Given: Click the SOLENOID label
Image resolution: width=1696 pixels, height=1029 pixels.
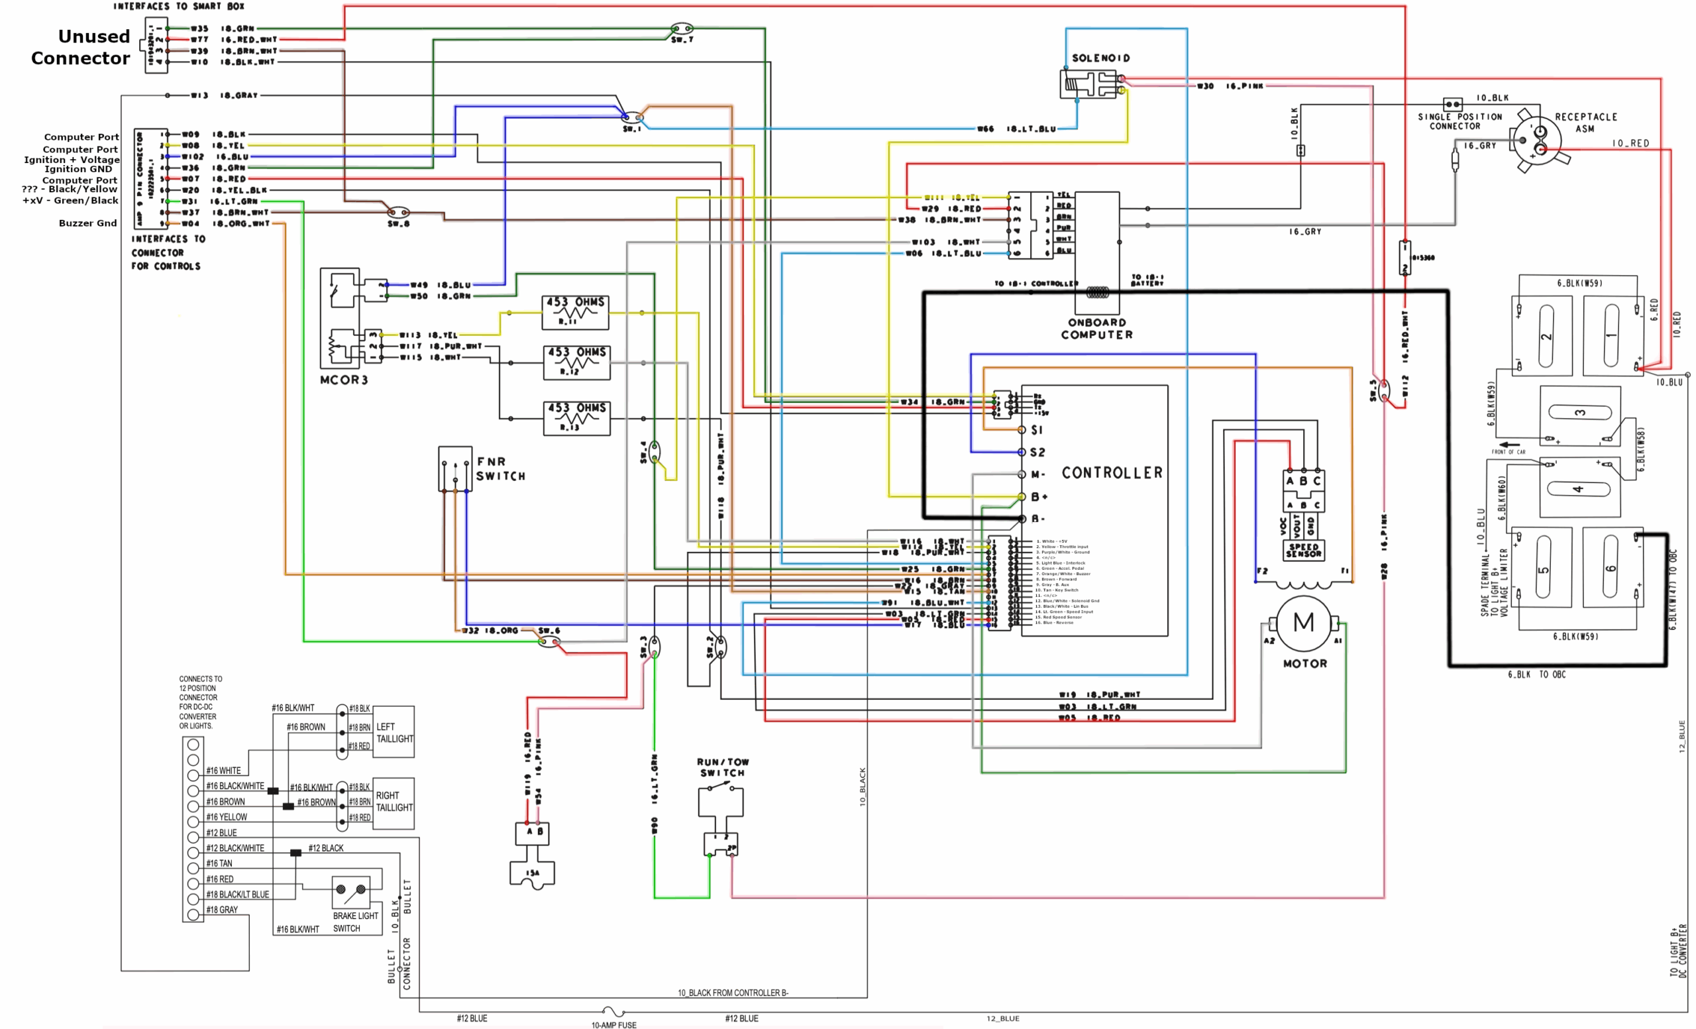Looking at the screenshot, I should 1100,58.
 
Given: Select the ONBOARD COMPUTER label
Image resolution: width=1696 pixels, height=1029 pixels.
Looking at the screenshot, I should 1096,329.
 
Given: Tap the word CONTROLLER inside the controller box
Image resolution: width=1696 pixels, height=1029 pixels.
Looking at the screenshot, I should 1112,473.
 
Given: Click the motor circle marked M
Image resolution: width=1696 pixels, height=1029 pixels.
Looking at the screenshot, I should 1303,623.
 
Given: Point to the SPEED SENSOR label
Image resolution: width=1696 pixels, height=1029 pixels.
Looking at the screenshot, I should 1303,551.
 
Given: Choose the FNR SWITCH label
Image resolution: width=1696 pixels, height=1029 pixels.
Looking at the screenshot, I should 500,468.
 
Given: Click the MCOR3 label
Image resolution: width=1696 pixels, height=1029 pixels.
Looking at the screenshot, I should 343,380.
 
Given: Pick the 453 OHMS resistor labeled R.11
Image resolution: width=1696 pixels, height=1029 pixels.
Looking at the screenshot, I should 576,312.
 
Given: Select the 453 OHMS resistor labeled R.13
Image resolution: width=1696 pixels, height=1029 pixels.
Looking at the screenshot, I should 577,418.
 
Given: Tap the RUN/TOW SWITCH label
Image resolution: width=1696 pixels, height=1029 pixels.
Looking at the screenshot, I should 723,767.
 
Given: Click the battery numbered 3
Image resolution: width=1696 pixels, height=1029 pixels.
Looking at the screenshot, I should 1579,413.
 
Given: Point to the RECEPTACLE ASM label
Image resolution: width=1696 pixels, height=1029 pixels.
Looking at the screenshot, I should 1586,123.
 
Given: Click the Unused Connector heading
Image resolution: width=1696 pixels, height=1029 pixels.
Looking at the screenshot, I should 81,47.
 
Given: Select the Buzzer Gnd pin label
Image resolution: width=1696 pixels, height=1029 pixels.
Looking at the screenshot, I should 87,223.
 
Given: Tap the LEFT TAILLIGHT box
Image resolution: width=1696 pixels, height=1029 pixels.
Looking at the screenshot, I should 394,732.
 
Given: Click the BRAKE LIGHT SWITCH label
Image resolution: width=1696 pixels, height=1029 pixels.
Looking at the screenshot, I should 355,922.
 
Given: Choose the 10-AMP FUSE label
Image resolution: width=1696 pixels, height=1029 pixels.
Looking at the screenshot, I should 613,1024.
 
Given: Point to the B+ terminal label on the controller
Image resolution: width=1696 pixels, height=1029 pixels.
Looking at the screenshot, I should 1039,497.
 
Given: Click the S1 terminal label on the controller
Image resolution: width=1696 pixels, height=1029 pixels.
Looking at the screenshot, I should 1037,430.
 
